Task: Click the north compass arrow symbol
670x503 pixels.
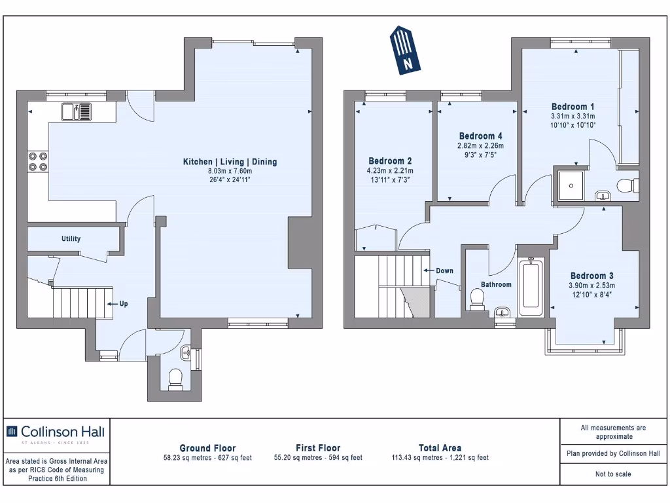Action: tap(405, 50)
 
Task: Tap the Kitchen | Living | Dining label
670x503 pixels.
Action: tap(229, 162)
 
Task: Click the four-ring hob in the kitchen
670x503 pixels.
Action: tap(38, 161)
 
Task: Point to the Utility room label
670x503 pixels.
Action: tap(71, 238)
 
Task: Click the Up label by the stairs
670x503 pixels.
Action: tap(123, 304)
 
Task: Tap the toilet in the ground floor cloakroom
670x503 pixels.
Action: tap(175, 379)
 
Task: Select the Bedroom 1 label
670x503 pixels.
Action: tap(573, 107)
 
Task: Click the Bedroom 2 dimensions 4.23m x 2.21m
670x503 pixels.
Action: tap(391, 171)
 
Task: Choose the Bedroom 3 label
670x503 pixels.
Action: tap(591, 276)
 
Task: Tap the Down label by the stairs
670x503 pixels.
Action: tap(444, 270)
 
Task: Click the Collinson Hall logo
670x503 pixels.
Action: tap(55, 432)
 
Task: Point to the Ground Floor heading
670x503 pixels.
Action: tap(207, 448)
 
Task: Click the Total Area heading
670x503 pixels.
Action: tap(440, 448)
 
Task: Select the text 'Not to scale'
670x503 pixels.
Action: tap(613, 474)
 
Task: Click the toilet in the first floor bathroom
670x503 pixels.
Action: tap(477, 299)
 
